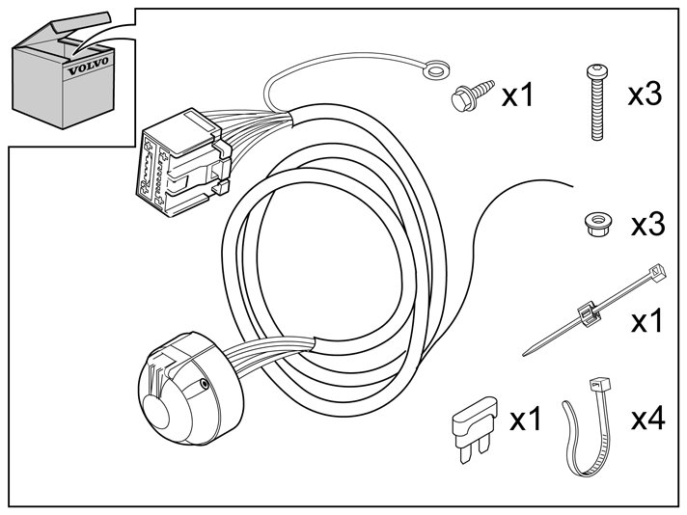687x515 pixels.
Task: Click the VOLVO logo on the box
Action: point(88,65)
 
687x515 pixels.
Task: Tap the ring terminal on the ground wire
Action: point(436,68)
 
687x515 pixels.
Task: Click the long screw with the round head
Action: point(596,102)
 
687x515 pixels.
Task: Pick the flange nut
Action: point(598,225)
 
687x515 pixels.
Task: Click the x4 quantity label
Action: point(647,419)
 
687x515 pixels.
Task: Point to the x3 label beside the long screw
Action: point(645,95)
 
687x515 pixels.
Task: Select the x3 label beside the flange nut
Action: point(648,224)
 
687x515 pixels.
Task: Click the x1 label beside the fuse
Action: point(525,420)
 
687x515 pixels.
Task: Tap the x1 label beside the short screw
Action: point(517,95)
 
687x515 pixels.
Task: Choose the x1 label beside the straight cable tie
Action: point(647,321)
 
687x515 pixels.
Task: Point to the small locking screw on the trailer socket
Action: point(204,384)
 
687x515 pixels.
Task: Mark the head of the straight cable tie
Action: point(657,273)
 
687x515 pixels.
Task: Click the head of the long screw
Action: point(596,71)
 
